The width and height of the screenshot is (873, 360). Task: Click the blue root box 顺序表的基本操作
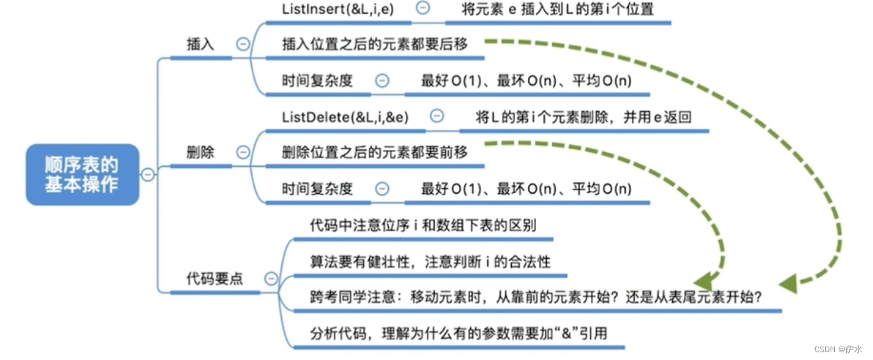pos(82,174)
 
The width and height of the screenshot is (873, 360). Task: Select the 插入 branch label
pos(200,44)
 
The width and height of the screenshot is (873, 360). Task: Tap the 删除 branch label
pos(200,152)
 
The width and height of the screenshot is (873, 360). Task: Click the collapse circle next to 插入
pos(242,44)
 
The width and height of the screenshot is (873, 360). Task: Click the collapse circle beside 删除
pos(242,152)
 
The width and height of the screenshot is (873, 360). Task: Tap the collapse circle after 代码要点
pos(271,279)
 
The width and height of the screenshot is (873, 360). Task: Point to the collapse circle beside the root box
pos(148,175)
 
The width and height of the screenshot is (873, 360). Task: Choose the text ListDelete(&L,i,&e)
pos(345,117)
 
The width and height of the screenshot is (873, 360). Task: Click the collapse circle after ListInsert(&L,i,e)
pos(423,8)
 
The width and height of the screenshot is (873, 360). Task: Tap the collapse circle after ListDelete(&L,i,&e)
pos(437,116)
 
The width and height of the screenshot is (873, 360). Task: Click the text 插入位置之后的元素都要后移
pos(375,44)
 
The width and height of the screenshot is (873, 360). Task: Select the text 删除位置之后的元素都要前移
pos(375,152)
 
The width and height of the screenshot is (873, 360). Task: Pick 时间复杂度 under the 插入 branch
pos(317,81)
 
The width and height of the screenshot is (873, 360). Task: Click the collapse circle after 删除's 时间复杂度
pos(382,189)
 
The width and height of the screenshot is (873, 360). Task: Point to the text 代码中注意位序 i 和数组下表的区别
pos(423,226)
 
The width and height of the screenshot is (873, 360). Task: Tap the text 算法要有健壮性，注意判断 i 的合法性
pos(430,262)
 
